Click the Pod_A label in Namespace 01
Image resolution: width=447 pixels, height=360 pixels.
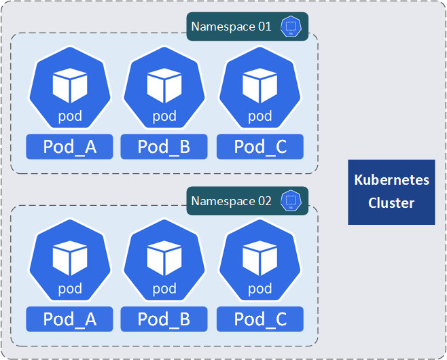[69, 147]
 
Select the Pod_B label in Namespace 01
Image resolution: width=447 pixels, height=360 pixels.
[164, 147]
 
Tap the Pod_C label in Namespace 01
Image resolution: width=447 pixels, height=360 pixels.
[260, 147]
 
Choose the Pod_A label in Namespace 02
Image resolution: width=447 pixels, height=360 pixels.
[69, 319]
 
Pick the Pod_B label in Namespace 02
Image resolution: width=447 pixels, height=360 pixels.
[164, 319]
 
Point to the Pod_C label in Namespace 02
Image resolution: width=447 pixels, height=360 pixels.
[260, 319]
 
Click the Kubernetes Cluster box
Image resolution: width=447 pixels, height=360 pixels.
[391, 192]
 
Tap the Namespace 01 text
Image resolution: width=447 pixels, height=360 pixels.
[231, 27]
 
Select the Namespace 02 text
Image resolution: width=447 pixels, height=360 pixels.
[231, 201]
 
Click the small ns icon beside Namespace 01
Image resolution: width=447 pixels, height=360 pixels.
[291, 27]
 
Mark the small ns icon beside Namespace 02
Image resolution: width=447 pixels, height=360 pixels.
[291, 201]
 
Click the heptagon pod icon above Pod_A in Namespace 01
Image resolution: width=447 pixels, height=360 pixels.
[69, 88]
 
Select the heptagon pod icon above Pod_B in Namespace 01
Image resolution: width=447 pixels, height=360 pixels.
[164, 88]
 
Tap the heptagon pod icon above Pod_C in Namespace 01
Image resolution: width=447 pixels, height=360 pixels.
[260, 88]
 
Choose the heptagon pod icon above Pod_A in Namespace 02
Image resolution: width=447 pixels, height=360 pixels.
[69, 262]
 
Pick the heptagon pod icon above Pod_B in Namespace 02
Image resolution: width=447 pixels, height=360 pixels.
[164, 262]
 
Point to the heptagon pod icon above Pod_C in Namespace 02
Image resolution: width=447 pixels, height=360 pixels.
[260, 262]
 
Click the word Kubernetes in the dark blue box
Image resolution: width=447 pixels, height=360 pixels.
[391, 181]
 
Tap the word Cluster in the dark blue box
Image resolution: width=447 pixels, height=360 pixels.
[391, 203]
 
